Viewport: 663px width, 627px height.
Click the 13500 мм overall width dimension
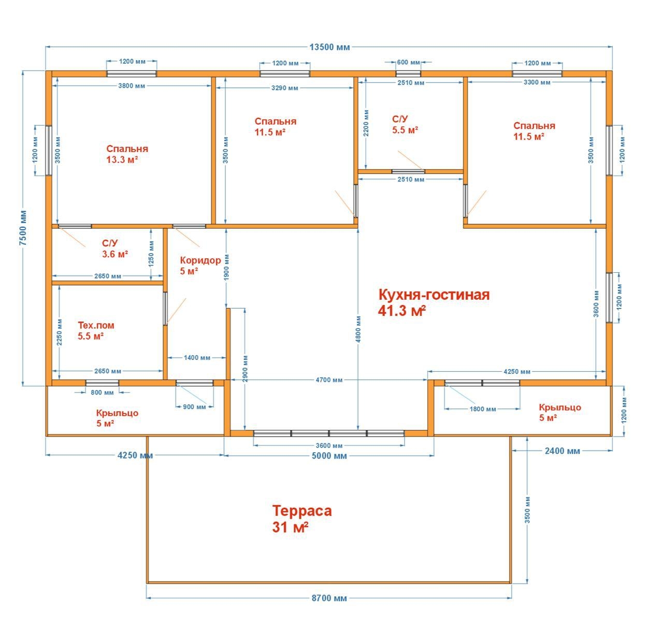(329, 47)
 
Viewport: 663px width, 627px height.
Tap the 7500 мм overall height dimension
(23, 228)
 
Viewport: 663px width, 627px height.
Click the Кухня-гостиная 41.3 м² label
(434, 303)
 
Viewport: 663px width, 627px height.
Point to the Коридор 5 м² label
(200, 266)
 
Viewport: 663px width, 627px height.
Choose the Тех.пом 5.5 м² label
(96, 331)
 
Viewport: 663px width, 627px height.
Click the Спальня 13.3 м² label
(127, 154)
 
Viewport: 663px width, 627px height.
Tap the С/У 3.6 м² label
(115, 248)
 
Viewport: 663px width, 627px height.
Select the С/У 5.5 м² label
(405, 125)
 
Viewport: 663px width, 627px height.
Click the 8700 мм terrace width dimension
(329, 598)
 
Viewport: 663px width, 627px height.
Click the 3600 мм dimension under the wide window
(329, 446)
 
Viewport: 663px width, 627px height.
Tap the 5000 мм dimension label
(329, 456)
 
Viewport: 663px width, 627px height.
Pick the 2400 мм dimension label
(562, 451)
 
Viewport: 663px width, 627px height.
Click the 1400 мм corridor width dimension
(197, 358)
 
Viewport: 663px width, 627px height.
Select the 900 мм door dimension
(194, 407)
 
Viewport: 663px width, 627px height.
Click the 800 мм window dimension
(102, 393)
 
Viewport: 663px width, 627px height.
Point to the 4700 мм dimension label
(329, 380)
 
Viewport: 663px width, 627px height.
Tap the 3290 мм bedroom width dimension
(284, 88)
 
